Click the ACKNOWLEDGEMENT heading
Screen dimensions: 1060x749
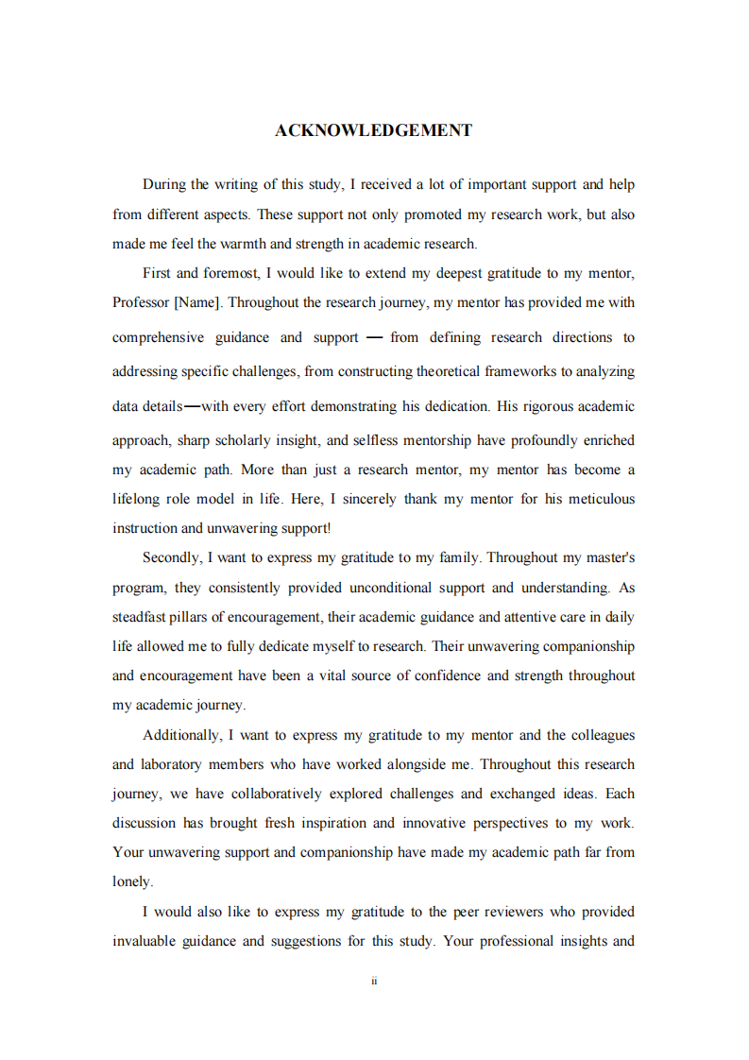pyautogui.click(x=373, y=130)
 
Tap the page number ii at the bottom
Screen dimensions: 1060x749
pyautogui.click(x=374, y=982)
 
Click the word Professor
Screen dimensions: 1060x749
pyautogui.click(x=141, y=303)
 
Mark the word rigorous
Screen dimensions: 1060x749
pyautogui.click(x=551, y=406)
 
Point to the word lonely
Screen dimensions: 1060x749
pyautogui.click(x=131, y=881)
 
